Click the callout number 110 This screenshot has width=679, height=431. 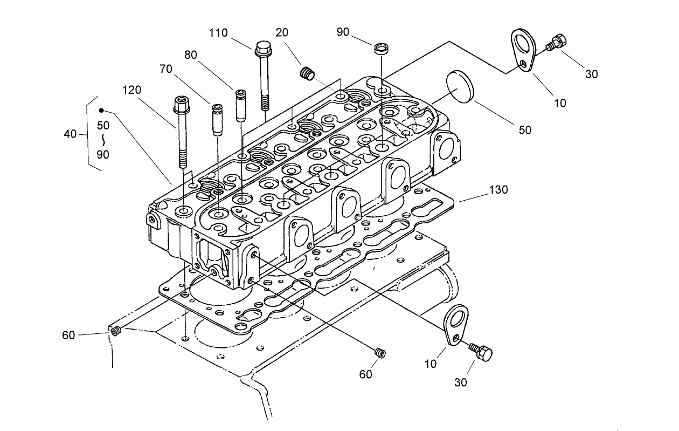click(x=219, y=33)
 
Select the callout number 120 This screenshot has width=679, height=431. click(x=131, y=90)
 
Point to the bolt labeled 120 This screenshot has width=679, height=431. click(x=181, y=129)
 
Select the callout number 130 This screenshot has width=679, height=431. click(x=499, y=190)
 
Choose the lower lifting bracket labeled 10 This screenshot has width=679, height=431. click(x=456, y=324)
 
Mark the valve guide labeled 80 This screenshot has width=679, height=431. click(x=240, y=105)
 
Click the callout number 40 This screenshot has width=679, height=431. click(x=70, y=134)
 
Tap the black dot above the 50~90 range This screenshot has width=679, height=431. click(x=101, y=111)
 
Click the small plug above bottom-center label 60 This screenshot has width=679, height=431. click(x=379, y=353)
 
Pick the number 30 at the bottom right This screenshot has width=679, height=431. click(x=460, y=382)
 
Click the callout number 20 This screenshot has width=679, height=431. click(x=281, y=32)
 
